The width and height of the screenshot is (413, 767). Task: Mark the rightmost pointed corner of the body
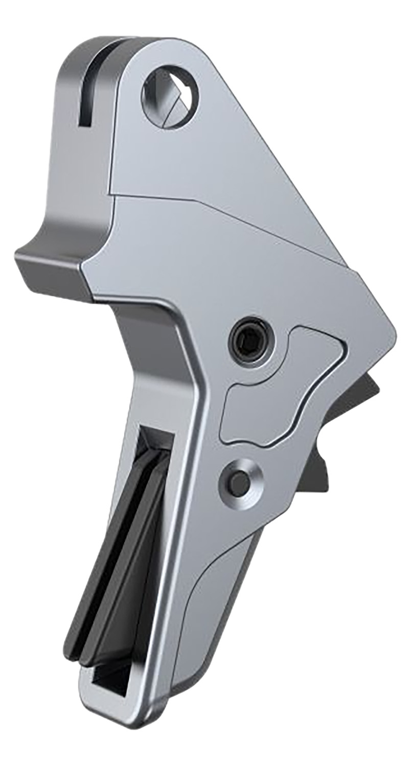pyautogui.click(x=394, y=332)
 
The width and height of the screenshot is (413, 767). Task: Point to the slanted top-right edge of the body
pyautogui.click(x=286, y=169)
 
